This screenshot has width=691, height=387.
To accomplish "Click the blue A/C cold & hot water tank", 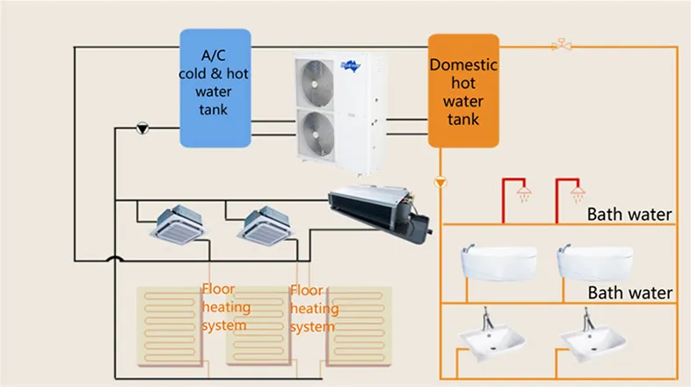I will point(215,87).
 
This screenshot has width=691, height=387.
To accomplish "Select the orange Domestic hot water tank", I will point(463,91).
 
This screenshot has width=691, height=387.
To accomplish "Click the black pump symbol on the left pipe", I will point(142,128).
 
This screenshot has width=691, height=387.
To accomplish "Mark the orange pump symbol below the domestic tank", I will point(440,182).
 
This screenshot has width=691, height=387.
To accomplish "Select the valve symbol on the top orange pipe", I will point(559,44).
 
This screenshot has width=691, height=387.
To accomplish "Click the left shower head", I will point(525,191).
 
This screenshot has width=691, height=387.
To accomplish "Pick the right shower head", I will point(577,191).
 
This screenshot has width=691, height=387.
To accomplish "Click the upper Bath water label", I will point(629,214).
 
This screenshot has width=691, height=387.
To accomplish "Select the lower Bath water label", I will point(629,292).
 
